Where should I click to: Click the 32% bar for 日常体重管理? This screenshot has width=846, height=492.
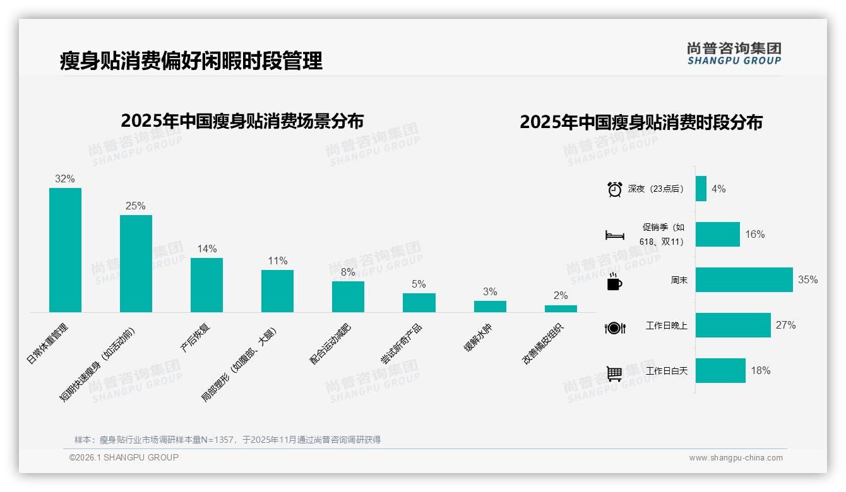[65, 250]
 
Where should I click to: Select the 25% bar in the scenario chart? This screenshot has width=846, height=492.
[136, 264]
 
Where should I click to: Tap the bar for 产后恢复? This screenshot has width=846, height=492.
[206, 285]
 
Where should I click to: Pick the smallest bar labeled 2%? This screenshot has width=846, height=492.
[561, 308]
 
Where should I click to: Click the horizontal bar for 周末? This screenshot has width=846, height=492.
[744, 279]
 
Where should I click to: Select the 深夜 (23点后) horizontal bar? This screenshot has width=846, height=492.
[701, 189]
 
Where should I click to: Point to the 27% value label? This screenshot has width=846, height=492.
[785, 325]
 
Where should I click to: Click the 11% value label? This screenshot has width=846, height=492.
[278, 261]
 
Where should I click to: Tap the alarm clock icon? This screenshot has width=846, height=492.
[614, 189]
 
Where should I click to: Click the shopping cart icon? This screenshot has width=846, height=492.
[614, 373]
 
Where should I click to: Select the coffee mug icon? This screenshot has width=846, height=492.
[614, 282]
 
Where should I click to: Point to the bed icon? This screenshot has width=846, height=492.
[614, 235]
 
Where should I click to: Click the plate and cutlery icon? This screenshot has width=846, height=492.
[614, 328]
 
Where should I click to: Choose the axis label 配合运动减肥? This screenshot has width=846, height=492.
[330, 344]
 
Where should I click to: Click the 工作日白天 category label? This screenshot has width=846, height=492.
[666, 371]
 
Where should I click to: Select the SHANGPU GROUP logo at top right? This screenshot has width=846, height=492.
[734, 53]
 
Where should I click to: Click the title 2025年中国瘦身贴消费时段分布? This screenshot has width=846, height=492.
[641, 122]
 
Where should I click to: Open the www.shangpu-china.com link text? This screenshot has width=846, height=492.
[736, 458]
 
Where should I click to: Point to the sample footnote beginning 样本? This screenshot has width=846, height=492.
[227, 440]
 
